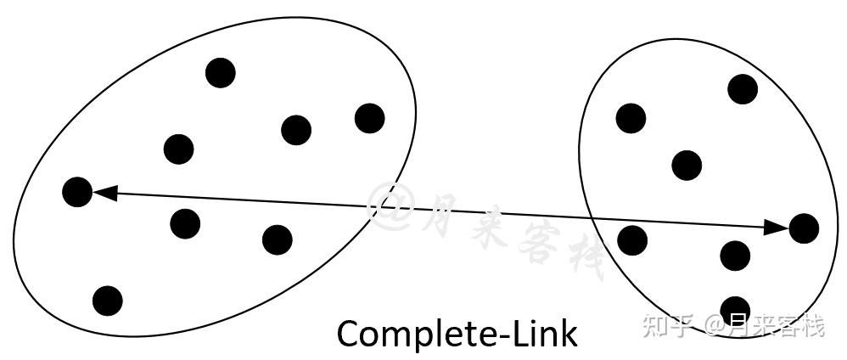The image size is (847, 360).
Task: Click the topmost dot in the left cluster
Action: tap(221, 73)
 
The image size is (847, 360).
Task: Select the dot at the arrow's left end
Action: tap(77, 192)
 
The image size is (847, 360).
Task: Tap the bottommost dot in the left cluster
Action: tap(108, 300)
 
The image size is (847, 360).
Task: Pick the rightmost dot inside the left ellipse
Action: tap(369, 118)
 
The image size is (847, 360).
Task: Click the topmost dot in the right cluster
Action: tap(743, 88)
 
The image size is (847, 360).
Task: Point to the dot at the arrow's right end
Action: tap(803, 228)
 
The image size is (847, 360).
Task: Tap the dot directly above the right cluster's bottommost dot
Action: tap(735, 255)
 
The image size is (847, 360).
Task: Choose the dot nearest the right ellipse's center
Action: tap(687, 165)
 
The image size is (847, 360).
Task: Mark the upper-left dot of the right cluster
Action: tap(631, 118)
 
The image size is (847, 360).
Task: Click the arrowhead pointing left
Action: tap(104, 194)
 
